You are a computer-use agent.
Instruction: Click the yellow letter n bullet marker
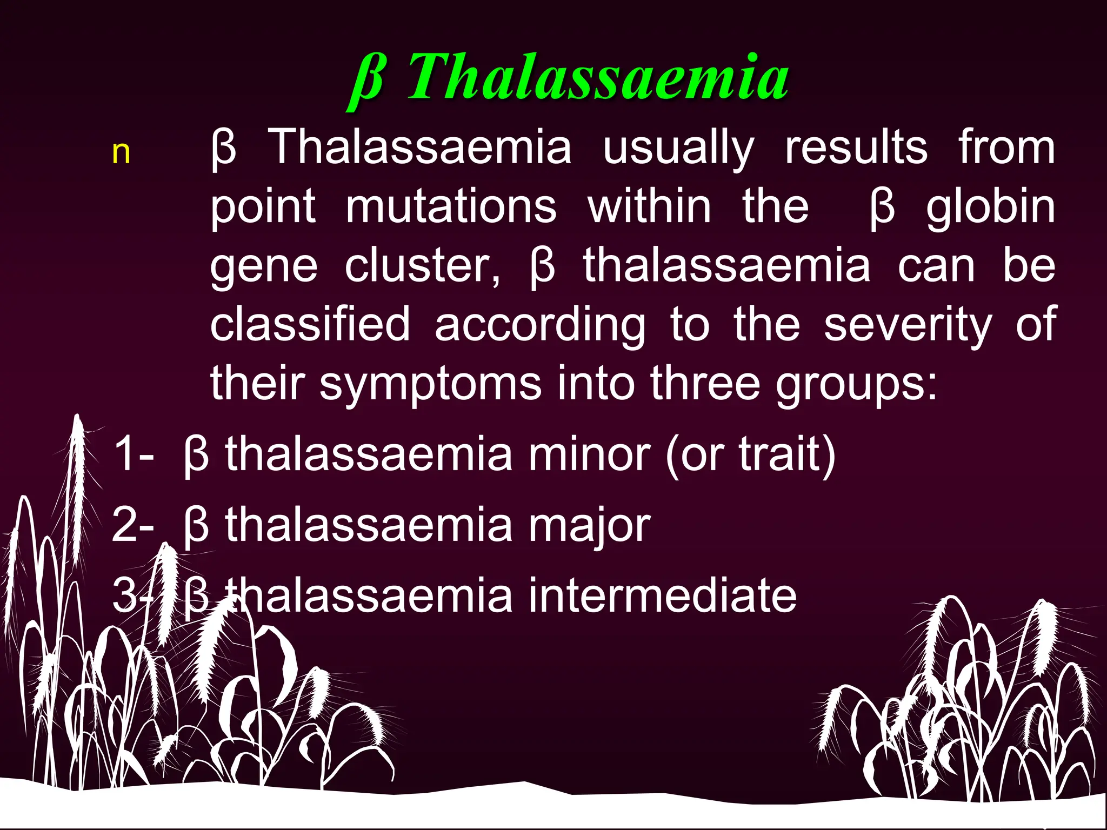pos(121,153)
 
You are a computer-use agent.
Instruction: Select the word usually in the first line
pos(678,149)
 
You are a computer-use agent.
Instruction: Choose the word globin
pos(990,208)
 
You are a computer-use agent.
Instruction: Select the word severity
pos(908,325)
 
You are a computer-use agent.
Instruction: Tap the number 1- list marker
pos(133,454)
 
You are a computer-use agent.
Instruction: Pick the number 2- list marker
pos(133,525)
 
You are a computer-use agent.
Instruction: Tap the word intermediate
pos(662,595)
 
